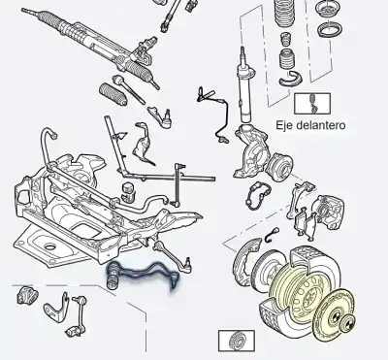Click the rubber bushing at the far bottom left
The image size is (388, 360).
click(x=27, y=298)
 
